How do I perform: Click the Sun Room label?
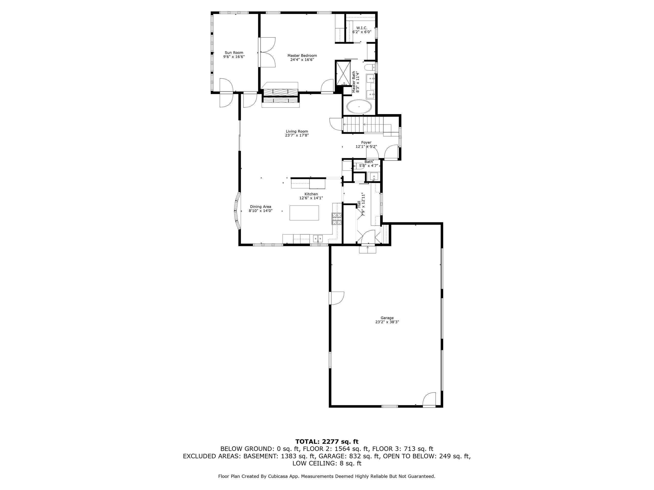pyautogui.click(x=233, y=53)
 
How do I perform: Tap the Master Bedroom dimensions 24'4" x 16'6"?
pyautogui.click(x=302, y=60)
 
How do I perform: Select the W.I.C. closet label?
pyautogui.click(x=361, y=28)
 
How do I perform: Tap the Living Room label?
pyautogui.click(x=297, y=131)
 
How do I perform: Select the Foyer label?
pyautogui.click(x=366, y=142)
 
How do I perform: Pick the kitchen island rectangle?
pyautogui.click(x=304, y=213)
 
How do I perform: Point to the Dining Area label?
pyautogui.click(x=261, y=207)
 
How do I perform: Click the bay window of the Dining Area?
pyautogui.click(x=238, y=211)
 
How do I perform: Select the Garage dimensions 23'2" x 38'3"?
pyautogui.click(x=387, y=322)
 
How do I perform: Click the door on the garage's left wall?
pyautogui.click(x=337, y=298)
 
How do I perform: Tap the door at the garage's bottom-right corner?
pyautogui.click(x=429, y=400)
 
